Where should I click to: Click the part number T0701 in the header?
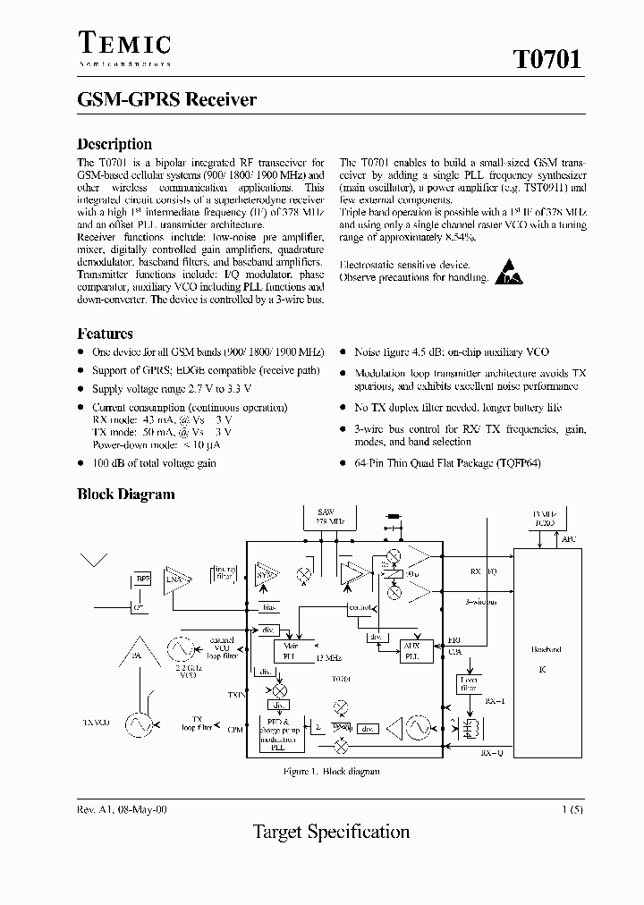point(547,60)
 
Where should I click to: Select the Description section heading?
point(114,144)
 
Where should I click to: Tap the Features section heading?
point(105,334)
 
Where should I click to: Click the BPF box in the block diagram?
point(143,579)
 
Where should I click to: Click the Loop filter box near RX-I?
point(468,684)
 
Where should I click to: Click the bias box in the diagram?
point(267,607)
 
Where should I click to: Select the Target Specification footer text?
point(331,833)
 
